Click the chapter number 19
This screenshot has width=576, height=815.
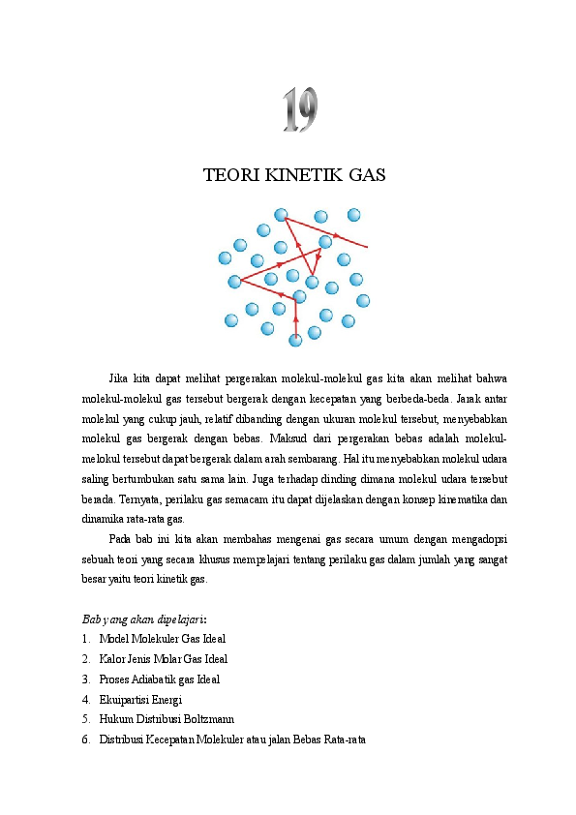300,110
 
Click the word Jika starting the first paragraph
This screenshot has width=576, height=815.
119,378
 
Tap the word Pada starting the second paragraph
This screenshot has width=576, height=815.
121,539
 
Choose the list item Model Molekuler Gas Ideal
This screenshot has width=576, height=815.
164,639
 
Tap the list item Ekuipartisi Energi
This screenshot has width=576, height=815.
141,700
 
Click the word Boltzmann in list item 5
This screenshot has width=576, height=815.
205,720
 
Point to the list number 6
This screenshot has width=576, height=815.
86,740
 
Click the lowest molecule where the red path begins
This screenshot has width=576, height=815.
295,340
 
